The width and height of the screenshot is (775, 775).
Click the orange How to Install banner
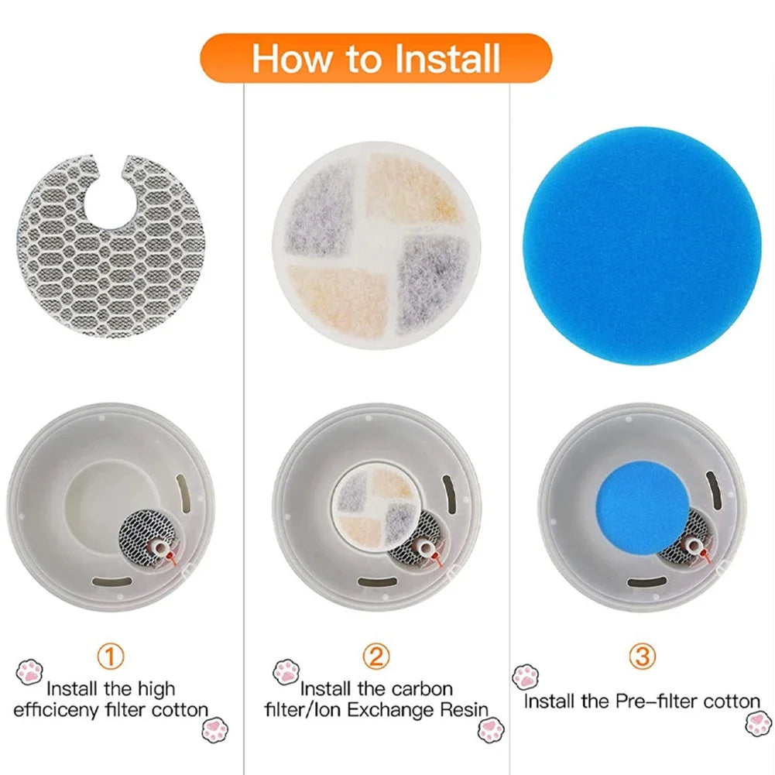376,59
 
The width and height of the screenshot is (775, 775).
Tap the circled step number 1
111,657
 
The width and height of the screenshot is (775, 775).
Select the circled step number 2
376,657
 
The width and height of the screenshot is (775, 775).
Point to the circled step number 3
641,657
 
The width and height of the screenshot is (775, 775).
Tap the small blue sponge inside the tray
643,507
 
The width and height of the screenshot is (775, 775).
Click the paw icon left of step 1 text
29,671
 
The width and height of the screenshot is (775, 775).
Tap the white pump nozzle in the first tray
158,547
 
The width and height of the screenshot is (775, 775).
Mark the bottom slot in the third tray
647,581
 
